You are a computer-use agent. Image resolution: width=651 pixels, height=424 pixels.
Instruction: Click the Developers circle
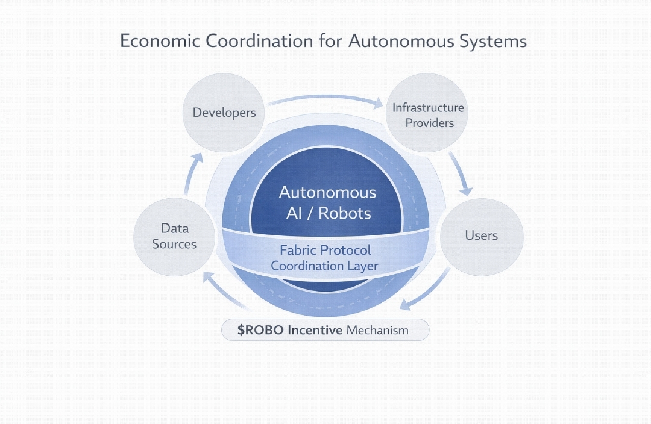coord(224,113)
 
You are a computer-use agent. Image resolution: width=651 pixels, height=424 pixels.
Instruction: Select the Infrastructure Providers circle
coord(428,114)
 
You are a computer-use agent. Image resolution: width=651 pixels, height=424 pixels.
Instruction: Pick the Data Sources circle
coord(174,237)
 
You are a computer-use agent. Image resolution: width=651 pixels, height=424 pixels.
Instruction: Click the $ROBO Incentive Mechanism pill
coord(325,330)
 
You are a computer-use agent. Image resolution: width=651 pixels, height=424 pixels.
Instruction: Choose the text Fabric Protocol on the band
coord(325,250)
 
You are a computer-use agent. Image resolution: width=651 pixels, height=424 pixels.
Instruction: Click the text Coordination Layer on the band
coord(325,266)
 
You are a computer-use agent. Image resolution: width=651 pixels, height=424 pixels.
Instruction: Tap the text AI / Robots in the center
coord(327,213)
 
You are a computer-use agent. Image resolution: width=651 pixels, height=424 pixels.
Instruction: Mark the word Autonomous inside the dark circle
coord(327,193)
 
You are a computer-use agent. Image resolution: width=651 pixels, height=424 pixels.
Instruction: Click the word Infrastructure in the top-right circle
coord(428,108)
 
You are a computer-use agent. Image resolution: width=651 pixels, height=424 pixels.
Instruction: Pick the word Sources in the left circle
coord(174,244)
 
